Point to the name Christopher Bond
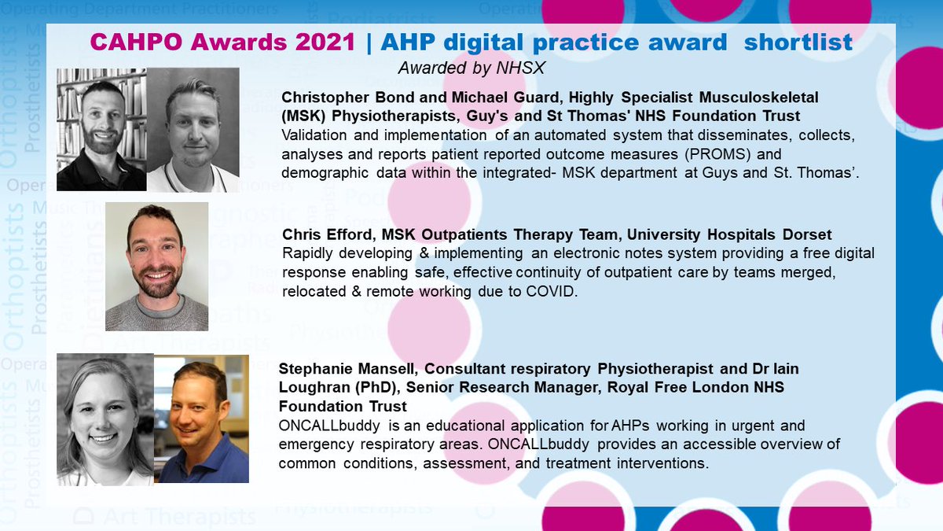(x=341, y=98)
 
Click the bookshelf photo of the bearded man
(x=101, y=130)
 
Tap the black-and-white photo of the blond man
(x=193, y=130)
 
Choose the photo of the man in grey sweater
(x=156, y=267)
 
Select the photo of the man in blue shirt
(x=202, y=418)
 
